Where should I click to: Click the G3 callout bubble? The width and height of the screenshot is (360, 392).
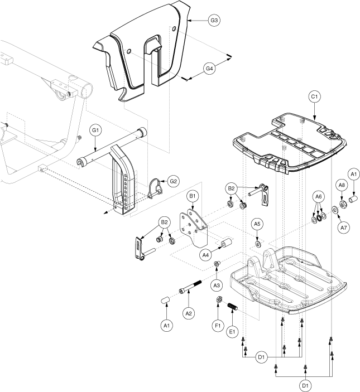pos(214,20)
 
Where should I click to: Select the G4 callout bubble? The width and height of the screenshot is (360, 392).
pos(209,69)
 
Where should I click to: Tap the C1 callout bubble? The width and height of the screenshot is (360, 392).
pos(314,96)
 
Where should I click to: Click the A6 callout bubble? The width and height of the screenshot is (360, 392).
pos(319,196)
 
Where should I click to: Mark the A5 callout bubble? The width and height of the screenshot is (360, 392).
pos(257,224)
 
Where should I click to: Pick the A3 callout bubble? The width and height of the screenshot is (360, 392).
pos(218,285)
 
